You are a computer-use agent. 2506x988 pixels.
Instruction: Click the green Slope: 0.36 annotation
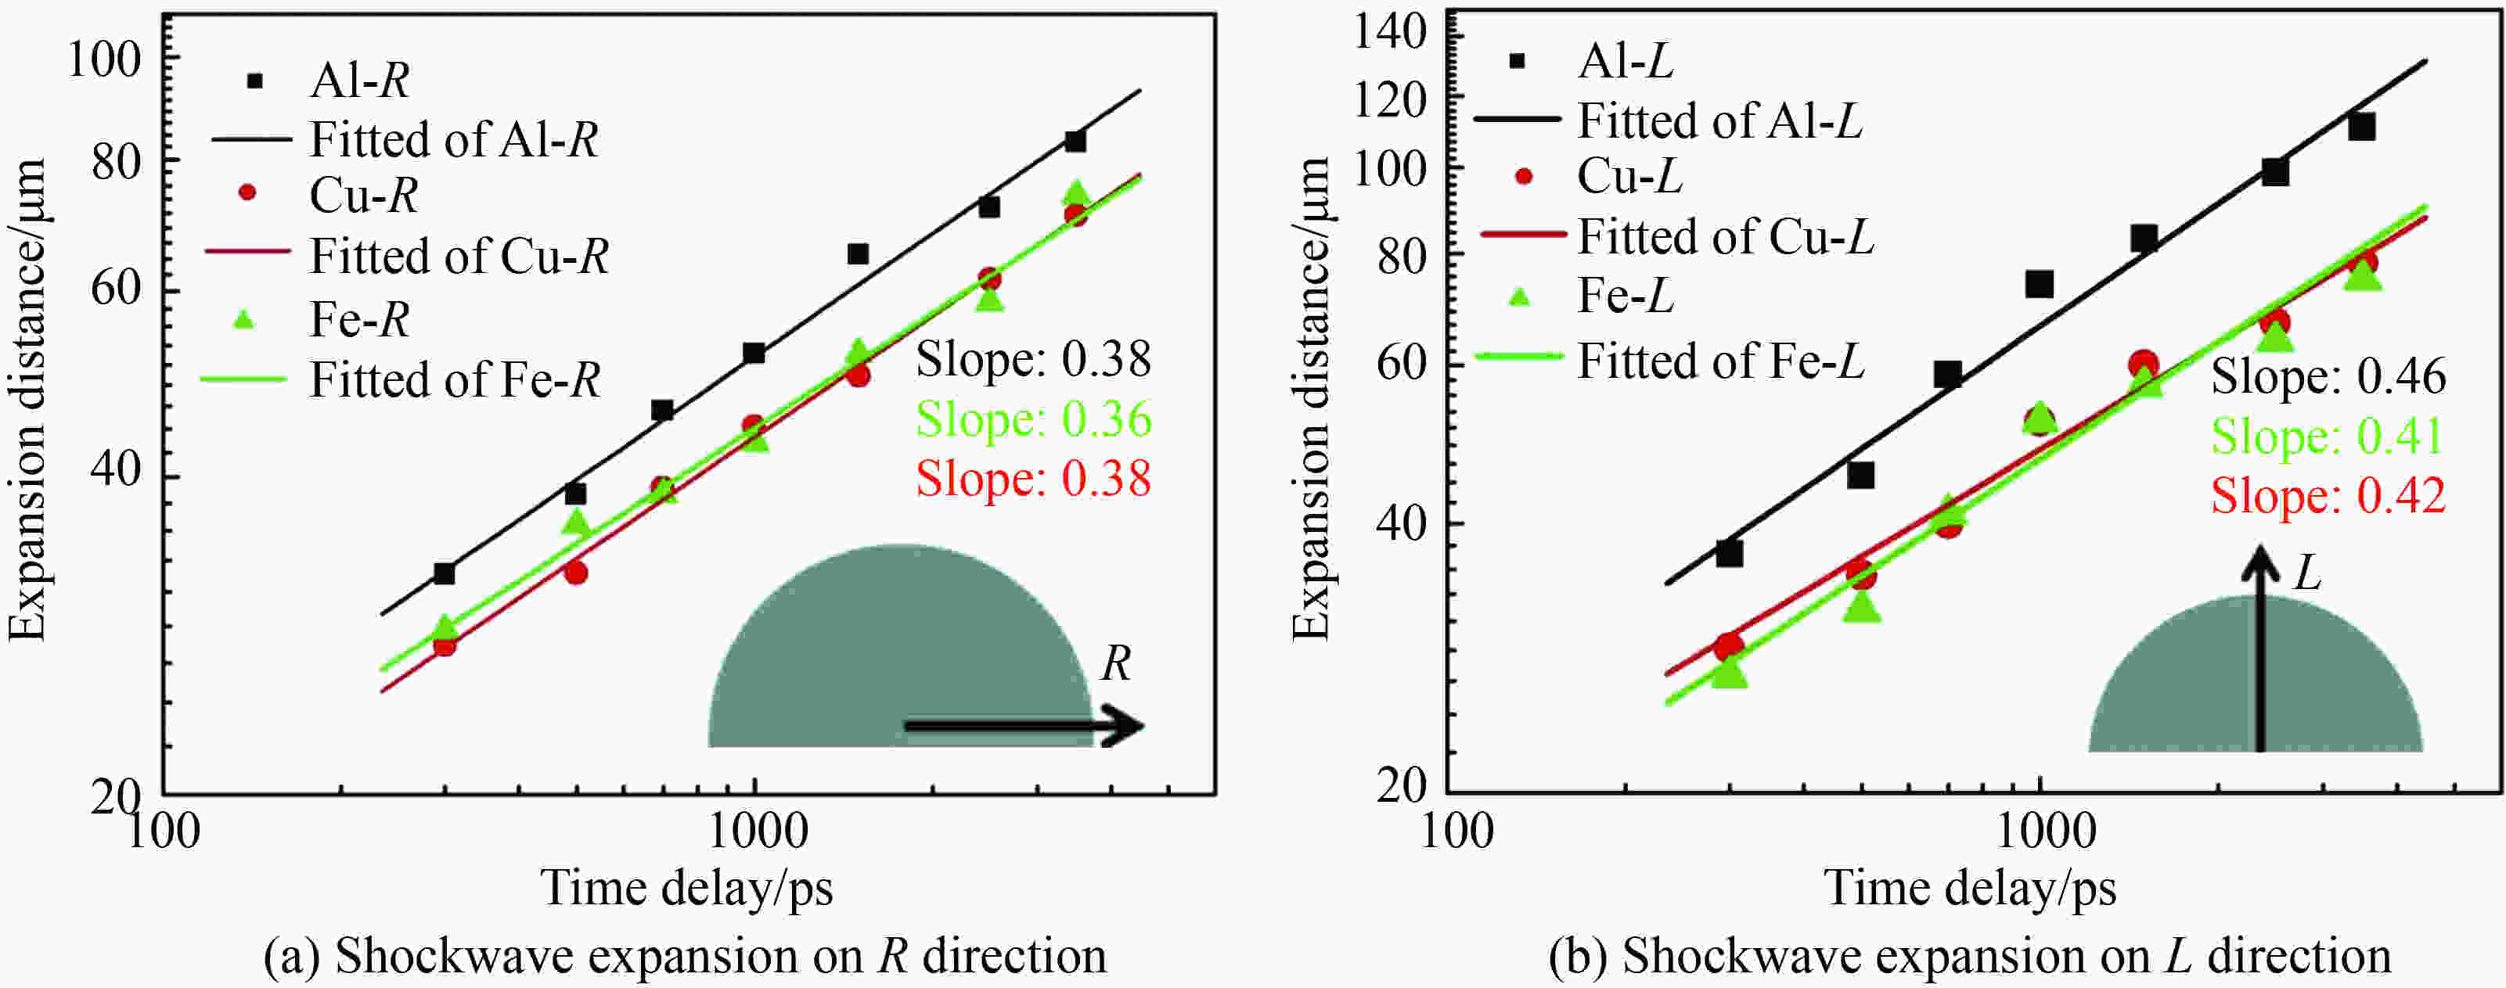tap(1033, 420)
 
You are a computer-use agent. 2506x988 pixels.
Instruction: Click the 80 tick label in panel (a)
tap(116, 161)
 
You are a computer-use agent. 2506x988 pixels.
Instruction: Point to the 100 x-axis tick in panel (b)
tap(1456, 832)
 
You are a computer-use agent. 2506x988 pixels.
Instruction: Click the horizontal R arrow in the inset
tap(1021, 725)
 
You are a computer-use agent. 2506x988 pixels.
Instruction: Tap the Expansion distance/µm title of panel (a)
tap(27, 399)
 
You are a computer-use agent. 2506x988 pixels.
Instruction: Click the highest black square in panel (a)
tap(1075, 141)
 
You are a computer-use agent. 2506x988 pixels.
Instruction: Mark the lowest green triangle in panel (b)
tap(1729, 673)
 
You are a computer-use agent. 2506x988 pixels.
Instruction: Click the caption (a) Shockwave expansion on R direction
tap(685, 957)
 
